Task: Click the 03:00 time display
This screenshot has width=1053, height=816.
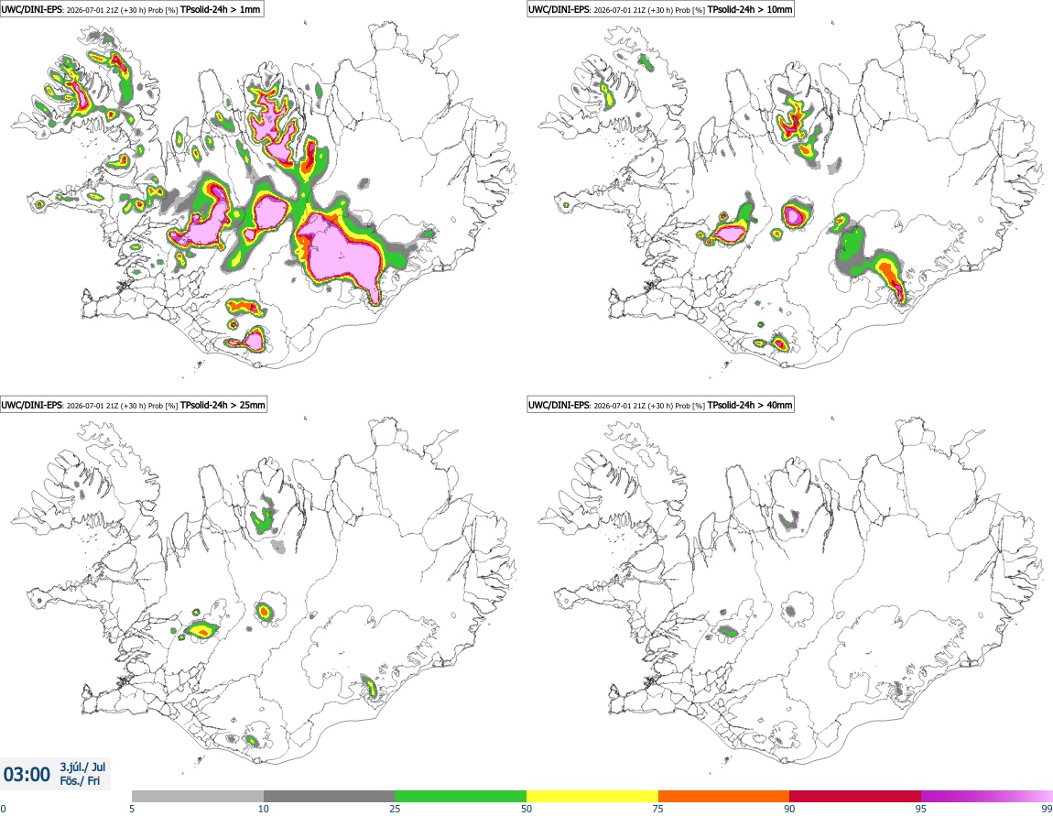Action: [27, 775]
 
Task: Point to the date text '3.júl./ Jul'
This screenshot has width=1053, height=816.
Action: [82, 767]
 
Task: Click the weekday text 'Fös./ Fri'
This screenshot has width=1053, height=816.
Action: [80, 781]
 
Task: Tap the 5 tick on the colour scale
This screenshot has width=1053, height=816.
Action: [132, 809]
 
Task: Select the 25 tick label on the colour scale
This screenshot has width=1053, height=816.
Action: [395, 809]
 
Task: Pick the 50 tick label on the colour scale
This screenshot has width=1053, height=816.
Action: [526, 809]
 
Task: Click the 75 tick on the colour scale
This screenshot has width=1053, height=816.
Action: [658, 809]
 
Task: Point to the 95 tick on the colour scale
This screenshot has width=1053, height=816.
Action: [921, 809]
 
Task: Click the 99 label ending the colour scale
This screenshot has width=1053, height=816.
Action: [1047, 809]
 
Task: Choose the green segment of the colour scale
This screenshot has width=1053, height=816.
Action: [461, 796]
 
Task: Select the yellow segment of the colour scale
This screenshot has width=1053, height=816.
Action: [592, 796]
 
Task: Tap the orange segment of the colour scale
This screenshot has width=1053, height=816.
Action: [724, 796]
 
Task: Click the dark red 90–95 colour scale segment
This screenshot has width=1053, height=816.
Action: [855, 796]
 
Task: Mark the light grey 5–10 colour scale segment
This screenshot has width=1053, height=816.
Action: [198, 796]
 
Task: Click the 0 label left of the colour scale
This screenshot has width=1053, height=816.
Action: [3, 809]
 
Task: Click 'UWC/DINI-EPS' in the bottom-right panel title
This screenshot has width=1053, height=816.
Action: [559, 405]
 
